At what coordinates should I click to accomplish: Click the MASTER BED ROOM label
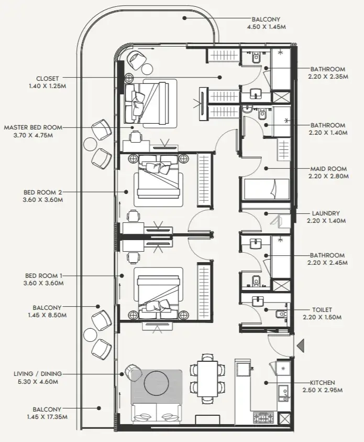point(33,127)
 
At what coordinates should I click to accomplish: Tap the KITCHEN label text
point(322,383)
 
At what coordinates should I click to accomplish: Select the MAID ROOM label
point(328,169)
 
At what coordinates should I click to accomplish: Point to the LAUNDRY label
point(326,213)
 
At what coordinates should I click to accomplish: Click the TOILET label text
point(322,310)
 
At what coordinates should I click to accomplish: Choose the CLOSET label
point(47,79)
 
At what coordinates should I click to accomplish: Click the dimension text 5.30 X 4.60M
point(38,382)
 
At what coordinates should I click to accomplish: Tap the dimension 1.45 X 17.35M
point(47,417)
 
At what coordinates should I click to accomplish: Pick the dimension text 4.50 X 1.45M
point(266,27)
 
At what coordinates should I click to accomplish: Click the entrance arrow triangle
point(301,346)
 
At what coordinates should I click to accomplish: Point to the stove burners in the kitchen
point(264,418)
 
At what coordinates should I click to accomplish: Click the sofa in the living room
point(156,414)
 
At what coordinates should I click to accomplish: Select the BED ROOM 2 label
point(43,192)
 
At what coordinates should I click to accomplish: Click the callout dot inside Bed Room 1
point(122,276)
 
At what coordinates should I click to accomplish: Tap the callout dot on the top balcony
point(184,18)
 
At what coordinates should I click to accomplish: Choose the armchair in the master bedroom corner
point(137,60)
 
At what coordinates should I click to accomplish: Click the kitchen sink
point(283,393)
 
